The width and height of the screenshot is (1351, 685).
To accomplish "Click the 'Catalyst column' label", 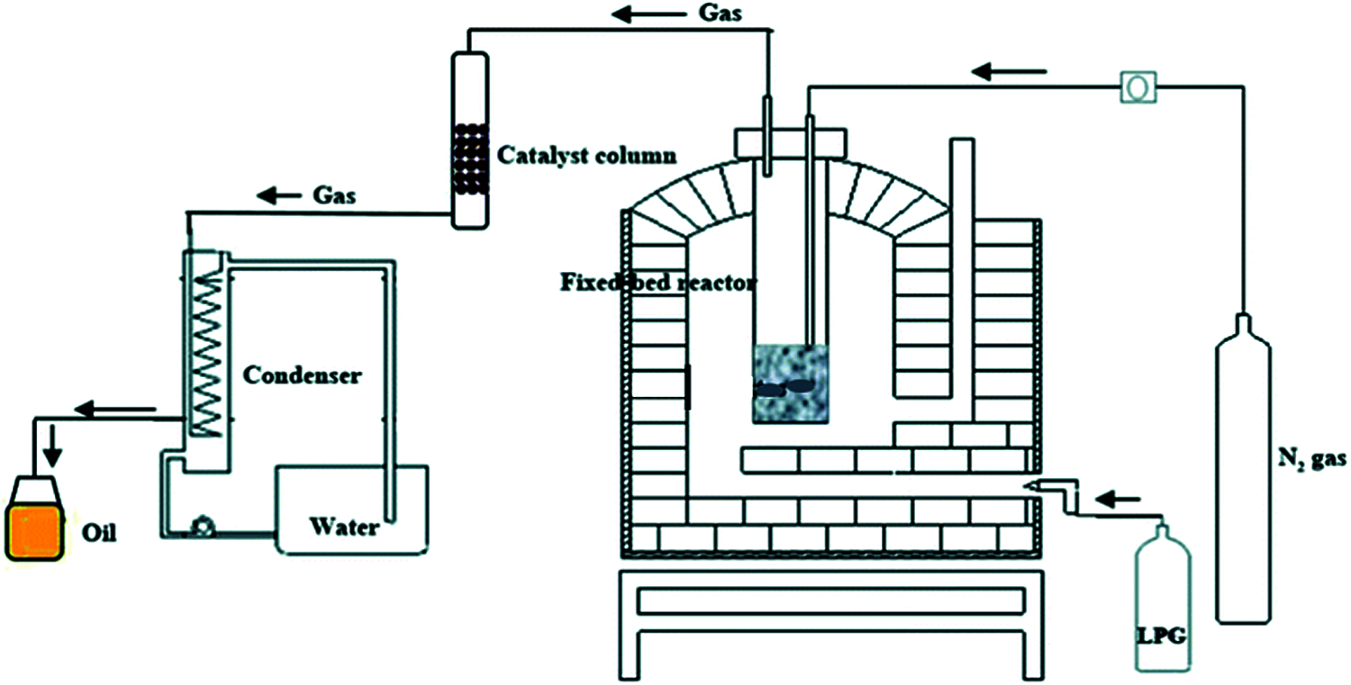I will click(x=586, y=156).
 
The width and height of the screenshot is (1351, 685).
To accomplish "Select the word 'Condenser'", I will click(x=302, y=374).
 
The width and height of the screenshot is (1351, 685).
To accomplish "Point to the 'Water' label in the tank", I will click(x=344, y=526).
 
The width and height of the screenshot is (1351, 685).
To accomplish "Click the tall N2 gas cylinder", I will click(x=1244, y=473).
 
